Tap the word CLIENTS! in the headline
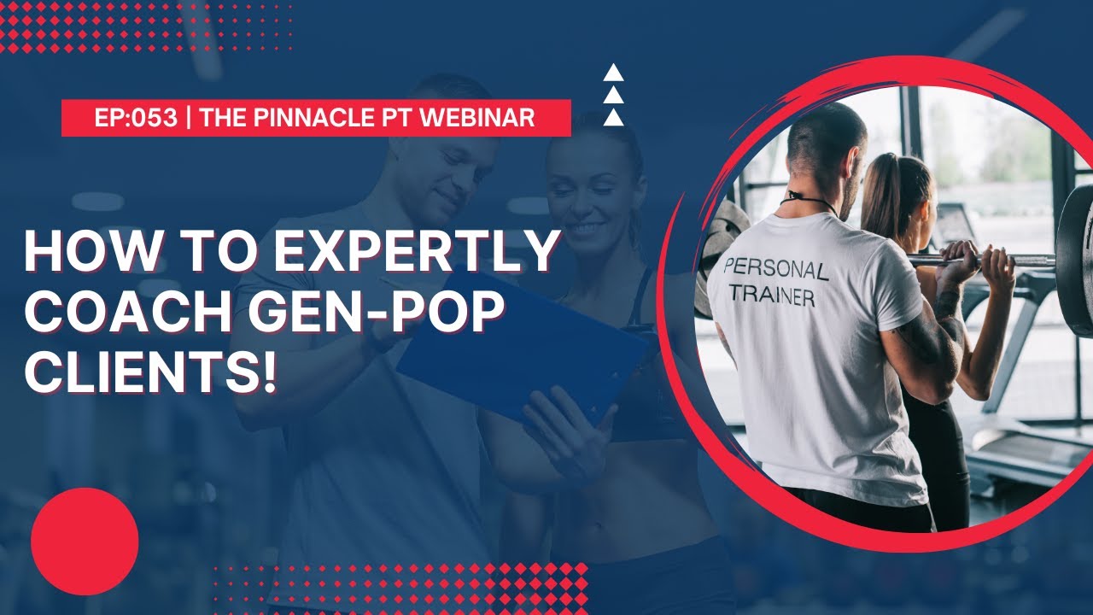pos(151,374)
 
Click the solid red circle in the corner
pos(85,541)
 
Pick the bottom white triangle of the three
pos(613,117)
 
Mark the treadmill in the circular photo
pos(1025,427)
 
